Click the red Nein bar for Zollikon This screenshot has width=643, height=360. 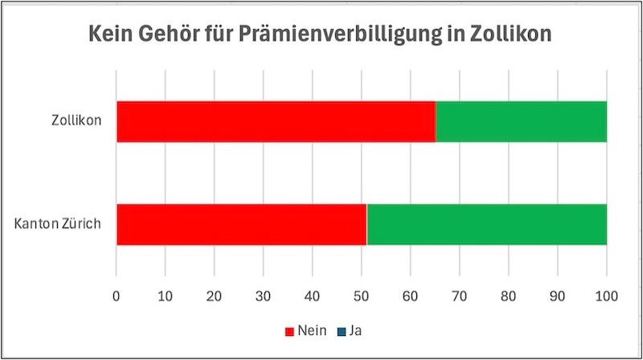(x=276, y=122)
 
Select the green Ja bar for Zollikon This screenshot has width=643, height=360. (x=521, y=122)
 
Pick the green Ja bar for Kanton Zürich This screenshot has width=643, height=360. (x=486, y=224)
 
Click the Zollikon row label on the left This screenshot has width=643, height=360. (x=75, y=122)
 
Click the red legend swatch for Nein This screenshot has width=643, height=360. (x=290, y=329)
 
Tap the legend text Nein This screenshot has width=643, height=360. (x=310, y=329)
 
